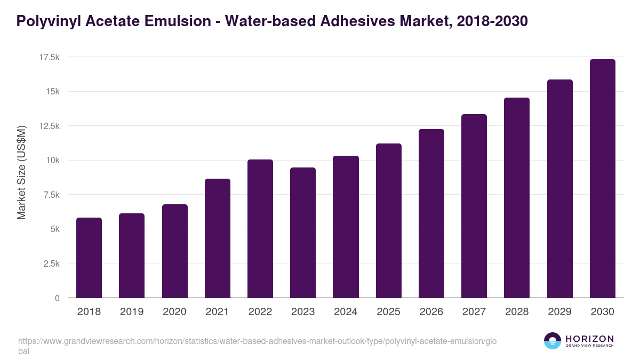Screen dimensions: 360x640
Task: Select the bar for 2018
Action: point(89,258)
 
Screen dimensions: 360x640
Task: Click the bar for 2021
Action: point(217,238)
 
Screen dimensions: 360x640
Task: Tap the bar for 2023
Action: point(303,233)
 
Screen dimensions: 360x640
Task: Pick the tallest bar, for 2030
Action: point(602,179)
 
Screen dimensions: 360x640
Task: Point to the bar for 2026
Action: point(431,213)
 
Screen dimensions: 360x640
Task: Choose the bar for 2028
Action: point(517,198)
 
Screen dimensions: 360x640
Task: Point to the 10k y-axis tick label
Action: point(52,161)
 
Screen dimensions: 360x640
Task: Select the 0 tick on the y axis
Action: point(57,298)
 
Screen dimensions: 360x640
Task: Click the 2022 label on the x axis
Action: point(260,312)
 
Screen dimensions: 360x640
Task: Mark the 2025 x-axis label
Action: point(388,312)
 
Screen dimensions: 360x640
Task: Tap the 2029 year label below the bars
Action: point(559,312)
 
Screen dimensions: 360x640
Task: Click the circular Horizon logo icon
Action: point(553,341)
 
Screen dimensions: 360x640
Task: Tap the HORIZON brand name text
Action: point(589,338)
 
